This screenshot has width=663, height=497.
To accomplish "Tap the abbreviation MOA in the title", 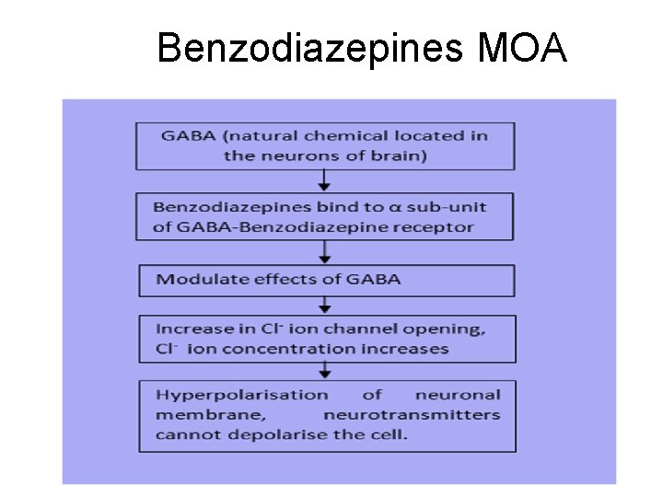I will [523, 48].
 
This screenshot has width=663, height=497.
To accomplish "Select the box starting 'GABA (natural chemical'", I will [326, 145].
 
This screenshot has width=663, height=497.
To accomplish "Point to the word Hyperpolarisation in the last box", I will [242, 395].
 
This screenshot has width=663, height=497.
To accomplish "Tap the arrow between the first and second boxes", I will [325, 181].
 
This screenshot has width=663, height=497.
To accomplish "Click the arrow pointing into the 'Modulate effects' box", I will [325, 255].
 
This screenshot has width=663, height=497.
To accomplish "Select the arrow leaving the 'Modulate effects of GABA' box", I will [325, 306].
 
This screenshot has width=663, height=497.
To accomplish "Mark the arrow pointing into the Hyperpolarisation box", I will [325, 371].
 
